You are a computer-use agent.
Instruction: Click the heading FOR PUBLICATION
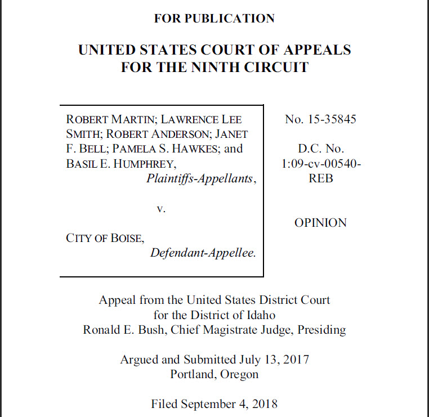[x=214, y=19]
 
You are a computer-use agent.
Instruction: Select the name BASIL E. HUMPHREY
[x=120, y=164]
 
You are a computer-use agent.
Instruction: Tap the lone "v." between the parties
[x=161, y=208]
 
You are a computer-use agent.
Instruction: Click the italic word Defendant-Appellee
[x=203, y=253]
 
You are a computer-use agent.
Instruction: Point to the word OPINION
[x=320, y=223]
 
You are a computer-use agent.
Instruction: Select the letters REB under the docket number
[x=321, y=178]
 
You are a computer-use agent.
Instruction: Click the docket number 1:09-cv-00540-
[x=321, y=164]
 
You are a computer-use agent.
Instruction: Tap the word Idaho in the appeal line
[x=260, y=315]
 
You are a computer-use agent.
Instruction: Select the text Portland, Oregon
[x=214, y=374]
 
